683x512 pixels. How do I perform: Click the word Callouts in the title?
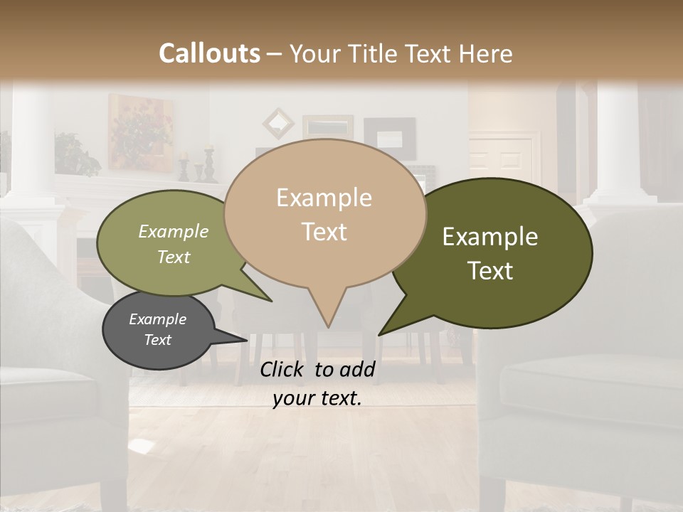click(209, 53)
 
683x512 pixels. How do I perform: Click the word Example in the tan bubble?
click(324, 198)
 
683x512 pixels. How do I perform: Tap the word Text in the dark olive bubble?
click(490, 271)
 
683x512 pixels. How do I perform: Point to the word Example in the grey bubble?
click(157, 319)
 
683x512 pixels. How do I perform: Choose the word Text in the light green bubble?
click(174, 257)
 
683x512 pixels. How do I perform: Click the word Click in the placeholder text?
click(283, 369)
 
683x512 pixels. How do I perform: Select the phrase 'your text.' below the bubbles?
click(317, 398)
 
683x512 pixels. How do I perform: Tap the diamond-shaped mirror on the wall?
click(278, 123)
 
